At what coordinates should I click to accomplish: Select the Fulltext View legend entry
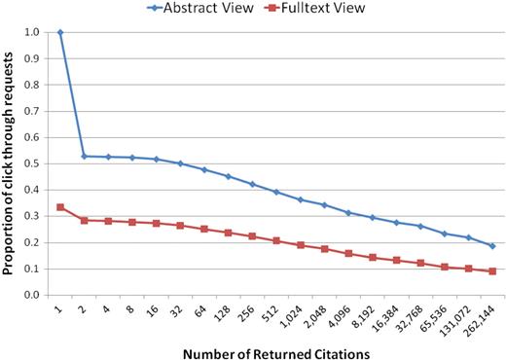[x=331, y=10]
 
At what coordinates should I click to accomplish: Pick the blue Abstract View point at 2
[x=85, y=156]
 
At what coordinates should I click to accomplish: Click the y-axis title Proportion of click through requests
[x=12, y=163]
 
